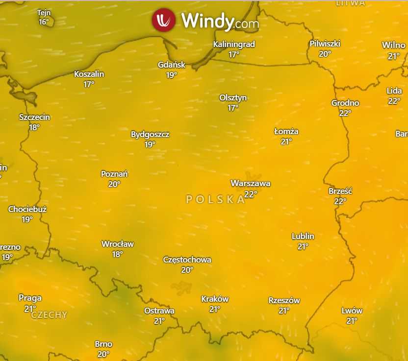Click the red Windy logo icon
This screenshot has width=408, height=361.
164,21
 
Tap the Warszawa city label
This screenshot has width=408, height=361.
251,184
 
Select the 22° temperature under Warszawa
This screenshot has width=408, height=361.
251,194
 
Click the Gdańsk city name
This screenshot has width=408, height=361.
172,65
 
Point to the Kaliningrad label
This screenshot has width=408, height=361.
234,44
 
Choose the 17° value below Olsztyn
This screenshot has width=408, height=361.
233,108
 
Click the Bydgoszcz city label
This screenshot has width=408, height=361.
150,134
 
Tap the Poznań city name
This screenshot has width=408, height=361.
114,174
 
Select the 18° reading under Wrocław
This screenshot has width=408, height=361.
117,254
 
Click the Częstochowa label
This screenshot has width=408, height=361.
187,260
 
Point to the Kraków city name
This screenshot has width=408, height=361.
215,299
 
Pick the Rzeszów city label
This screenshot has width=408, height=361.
284,300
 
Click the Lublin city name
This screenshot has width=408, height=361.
303,236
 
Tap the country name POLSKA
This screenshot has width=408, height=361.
215,199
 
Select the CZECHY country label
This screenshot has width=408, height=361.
49,315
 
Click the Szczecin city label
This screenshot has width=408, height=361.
34,117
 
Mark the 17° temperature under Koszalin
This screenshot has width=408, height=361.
89,84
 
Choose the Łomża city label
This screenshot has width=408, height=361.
286,131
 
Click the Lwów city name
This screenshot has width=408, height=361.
352,311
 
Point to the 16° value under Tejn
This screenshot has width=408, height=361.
44,22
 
